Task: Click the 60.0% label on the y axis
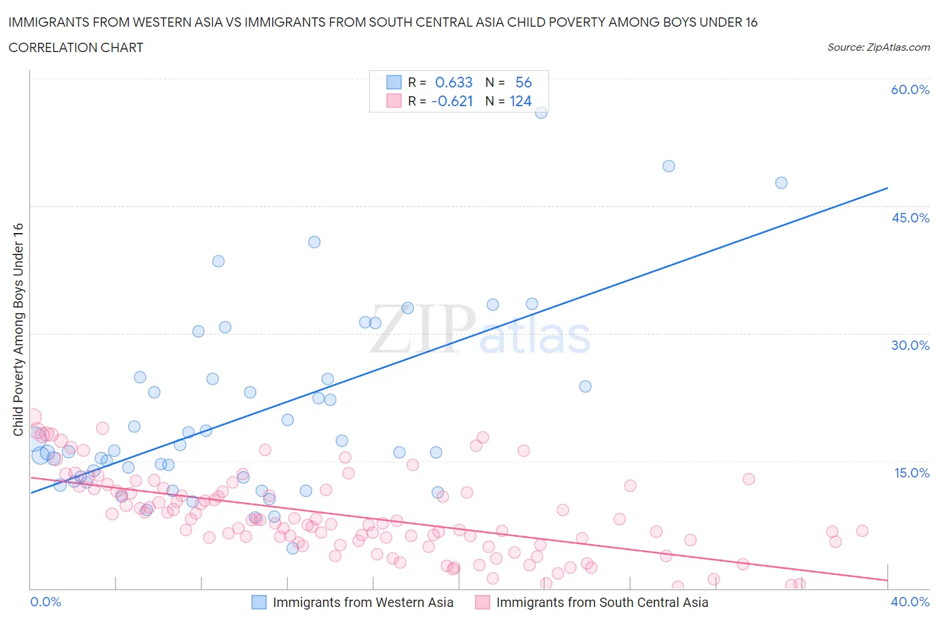point(910,89)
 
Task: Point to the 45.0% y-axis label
point(910,218)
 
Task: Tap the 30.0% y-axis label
point(910,345)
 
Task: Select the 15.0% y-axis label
point(910,473)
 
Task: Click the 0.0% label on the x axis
point(45,602)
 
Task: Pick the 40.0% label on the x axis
point(910,602)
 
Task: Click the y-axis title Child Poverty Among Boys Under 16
point(18,329)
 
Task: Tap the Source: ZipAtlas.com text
point(878,47)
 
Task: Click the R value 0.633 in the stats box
point(454,82)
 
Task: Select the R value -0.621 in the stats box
point(452,101)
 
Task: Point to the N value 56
point(524,82)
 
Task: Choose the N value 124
point(520,101)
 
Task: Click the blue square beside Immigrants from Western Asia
point(259,602)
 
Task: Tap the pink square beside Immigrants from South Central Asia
point(482,602)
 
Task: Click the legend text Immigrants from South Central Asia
point(602,602)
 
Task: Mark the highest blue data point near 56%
point(541,112)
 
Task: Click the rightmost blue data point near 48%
point(781,183)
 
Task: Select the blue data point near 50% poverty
point(668,166)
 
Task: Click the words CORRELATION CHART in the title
point(76,47)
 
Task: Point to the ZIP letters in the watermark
point(423,329)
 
